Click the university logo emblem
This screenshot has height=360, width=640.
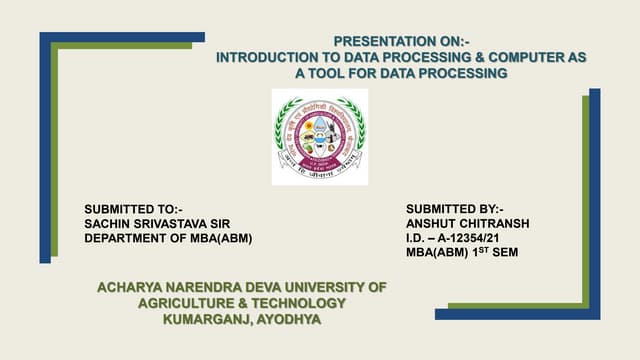click(x=319, y=137)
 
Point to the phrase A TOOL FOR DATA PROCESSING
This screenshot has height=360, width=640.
click(x=401, y=74)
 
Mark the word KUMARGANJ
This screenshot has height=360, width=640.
click(x=206, y=319)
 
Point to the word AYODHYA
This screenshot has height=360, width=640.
click(x=287, y=319)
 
